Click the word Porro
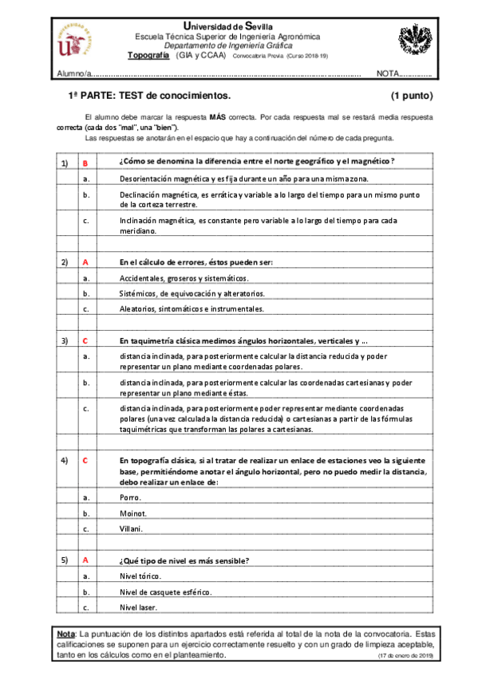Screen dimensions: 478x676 (129, 497)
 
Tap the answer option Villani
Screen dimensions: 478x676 (131, 529)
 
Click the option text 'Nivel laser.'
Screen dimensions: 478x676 (140, 607)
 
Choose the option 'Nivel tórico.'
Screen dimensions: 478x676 (140, 576)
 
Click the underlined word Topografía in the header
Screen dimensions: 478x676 (148, 55)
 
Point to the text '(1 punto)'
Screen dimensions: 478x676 (412, 96)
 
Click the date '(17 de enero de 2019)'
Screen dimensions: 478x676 (405, 655)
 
